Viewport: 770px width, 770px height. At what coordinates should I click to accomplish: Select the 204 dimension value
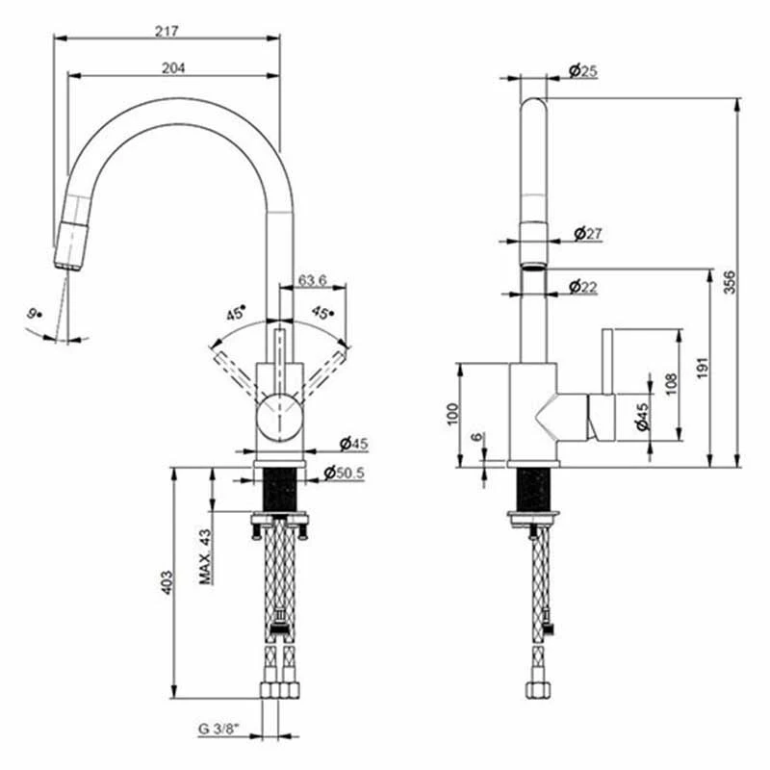173,67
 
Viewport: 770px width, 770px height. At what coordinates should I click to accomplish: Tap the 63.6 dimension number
313,280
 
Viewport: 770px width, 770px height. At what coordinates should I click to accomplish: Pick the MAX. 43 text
205,555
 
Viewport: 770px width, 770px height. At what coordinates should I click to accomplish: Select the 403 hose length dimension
166,581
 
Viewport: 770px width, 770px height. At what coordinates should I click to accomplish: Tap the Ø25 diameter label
583,69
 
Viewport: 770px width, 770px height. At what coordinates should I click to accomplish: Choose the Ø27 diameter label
587,233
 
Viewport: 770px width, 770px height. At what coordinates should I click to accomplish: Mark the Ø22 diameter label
583,286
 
